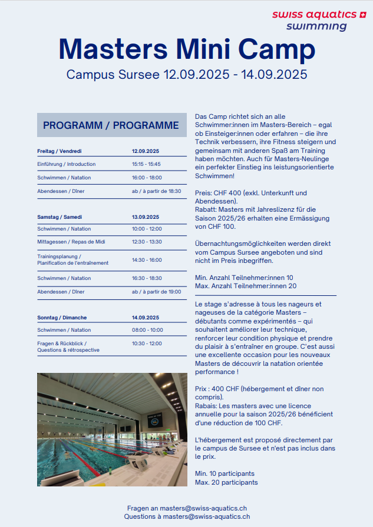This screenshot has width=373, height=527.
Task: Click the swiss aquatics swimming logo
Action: pyautogui.click(x=318, y=20)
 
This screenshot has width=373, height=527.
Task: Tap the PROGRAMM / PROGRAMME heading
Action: pyautogui.click(x=111, y=125)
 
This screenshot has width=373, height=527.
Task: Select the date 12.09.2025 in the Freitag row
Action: pyautogui.click(x=146, y=151)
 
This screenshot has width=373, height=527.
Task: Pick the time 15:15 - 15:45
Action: pyautogui.click(x=146, y=164)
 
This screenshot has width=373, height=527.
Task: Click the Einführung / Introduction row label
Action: pyautogui.click(x=66, y=164)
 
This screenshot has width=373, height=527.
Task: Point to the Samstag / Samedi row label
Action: pyautogui.click(x=60, y=216)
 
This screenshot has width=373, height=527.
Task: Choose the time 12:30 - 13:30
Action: pyautogui.click(x=147, y=242)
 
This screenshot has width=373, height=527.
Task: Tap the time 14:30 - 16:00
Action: pyautogui.click(x=147, y=259)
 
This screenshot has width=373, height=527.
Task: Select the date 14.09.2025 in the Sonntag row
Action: pyautogui.click(x=146, y=318)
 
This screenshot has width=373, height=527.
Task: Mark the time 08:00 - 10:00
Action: pyautogui.click(x=147, y=330)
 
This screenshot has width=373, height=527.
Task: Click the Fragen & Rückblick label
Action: pyautogui.click(x=62, y=343)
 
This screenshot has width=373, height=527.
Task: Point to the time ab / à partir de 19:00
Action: pyautogui.click(x=156, y=291)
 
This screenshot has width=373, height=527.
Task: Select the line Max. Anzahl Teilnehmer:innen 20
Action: pyautogui.click(x=246, y=286)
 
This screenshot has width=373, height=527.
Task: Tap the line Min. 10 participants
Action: pyautogui.click(x=225, y=473)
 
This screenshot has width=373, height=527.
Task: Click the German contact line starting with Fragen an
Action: pyautogui.click(x=187, y=508)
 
